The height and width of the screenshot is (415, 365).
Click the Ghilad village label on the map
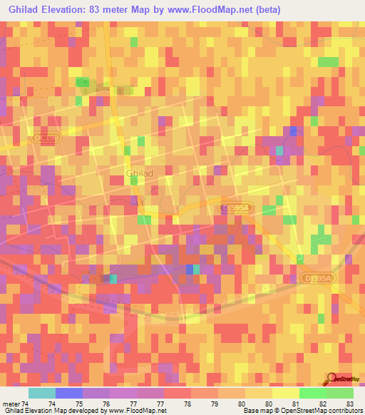click(x=139, y=173)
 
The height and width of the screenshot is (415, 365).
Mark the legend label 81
click(x=286, y=403)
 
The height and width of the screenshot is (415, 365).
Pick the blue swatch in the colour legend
click(x=69, y=393)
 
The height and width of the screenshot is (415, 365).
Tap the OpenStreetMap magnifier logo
click(x=332, y=379)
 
